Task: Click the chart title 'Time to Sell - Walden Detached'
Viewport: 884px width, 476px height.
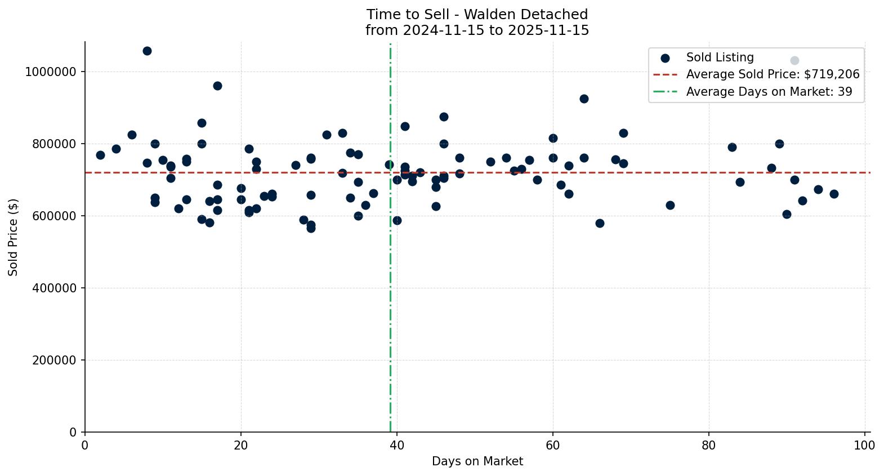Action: [477, 15]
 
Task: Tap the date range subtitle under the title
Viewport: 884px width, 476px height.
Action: [477, 30]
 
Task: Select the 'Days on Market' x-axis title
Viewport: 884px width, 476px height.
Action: [477, 461]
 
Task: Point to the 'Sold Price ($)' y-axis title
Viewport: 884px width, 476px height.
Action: [13, 237]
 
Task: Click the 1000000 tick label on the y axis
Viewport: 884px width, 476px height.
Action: [51, 72]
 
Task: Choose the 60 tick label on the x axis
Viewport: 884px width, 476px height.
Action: [553, 446]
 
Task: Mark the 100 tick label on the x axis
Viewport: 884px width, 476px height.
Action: [864, 446]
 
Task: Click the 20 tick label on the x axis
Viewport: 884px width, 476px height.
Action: [241, 446]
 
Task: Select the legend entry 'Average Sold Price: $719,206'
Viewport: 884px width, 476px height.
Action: [773, 74]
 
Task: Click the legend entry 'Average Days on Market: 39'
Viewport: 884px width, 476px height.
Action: [769, 92]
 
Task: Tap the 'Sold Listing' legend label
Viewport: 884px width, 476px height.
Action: [720, 57]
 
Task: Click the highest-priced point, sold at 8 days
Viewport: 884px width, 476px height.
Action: [147, 51]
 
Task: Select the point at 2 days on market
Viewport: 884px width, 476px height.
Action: [100, 155]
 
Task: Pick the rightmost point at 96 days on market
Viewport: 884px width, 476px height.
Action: [834, 194]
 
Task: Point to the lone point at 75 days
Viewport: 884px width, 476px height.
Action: [670, 205]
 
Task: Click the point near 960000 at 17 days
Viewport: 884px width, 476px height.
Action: [217, 86]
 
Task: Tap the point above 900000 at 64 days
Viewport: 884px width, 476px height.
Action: [584, 99]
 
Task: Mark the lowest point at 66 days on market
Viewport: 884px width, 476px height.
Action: [600, 223]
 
